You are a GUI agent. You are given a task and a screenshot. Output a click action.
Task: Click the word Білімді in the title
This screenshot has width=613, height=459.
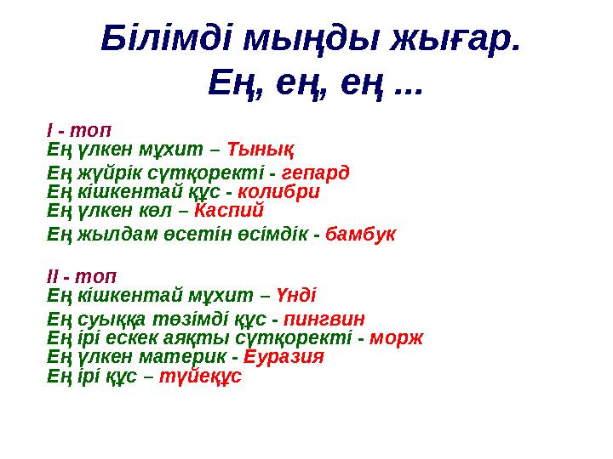[166, 38]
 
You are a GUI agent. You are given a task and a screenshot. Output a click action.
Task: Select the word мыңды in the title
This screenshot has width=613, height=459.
[312, 38]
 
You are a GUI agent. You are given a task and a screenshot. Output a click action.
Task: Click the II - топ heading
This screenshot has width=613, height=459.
[83, 277]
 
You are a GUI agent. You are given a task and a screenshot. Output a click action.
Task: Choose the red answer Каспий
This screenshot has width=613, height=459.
[229, 209]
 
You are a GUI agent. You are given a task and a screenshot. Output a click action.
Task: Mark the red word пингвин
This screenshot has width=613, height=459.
[324, 320]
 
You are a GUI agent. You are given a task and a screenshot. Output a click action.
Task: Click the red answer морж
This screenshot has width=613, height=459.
[397, 337]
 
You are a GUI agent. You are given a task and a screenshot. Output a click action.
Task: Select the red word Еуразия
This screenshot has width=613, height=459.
[284, 356]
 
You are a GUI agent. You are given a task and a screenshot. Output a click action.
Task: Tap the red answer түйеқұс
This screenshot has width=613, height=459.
[201, 375]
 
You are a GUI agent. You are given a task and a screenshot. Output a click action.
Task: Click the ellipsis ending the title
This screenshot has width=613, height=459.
[410, 85]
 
